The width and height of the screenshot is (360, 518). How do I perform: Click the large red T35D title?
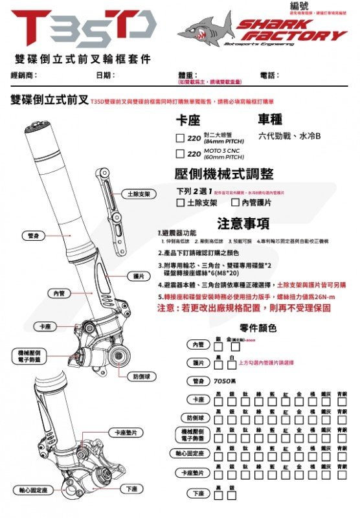coord(83,27)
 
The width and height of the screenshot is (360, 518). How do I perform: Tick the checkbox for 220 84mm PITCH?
coord(181,137)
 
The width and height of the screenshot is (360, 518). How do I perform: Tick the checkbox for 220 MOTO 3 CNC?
coord(181,154)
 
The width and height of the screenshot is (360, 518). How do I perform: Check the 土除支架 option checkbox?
coord(181,203)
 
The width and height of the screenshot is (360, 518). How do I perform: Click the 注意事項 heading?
coord(243,223)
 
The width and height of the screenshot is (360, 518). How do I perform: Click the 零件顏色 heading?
coord(258,328)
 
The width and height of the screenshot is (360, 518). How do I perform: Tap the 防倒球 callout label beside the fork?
coord(142,376)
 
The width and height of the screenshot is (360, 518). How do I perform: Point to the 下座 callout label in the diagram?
coord(131,489)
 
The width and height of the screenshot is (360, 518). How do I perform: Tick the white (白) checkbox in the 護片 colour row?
coord(232,363)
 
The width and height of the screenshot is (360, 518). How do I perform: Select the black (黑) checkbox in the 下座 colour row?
coord(219,494)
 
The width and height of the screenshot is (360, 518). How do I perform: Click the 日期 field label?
coord(104,76)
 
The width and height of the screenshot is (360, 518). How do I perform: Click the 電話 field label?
coord(269,76)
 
